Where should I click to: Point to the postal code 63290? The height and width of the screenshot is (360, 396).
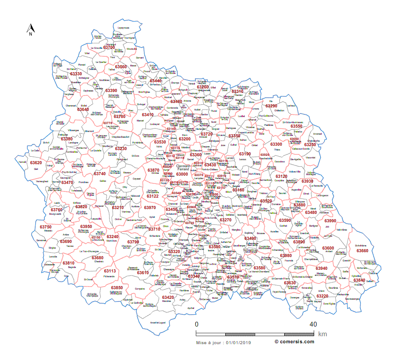point(271,106)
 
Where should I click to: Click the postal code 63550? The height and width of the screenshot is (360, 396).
point(296,126)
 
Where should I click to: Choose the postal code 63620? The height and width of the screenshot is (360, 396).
point(36,162)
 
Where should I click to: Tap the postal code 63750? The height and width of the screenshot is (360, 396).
point(46,227)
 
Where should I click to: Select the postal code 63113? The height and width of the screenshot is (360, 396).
point(110,271)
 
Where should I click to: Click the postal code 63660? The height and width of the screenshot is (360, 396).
point(362,250)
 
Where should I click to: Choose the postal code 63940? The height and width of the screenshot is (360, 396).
point(322,268)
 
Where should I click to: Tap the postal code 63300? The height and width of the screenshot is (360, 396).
point(276,144)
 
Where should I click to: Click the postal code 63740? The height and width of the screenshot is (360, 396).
point(100,174)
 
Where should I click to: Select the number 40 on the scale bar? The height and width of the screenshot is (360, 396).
point(313,324)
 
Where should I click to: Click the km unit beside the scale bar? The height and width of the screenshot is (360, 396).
point(322,334)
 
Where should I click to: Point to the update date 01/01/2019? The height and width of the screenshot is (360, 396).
point(238,342)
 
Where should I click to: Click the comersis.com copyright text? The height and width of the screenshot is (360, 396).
point(294,342)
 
